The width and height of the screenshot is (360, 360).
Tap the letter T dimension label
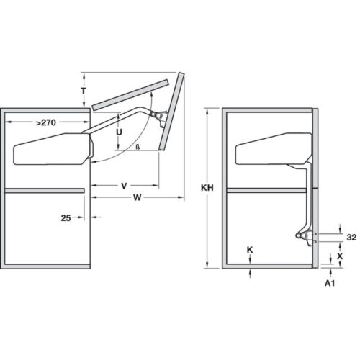point(84,91)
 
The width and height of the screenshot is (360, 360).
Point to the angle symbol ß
point(136,147)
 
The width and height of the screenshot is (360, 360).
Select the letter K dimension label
point(248,250)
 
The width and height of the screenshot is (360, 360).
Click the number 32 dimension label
point(351,237)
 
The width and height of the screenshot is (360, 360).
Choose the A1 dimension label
point(329,284)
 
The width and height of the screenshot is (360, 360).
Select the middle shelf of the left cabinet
point(47,191)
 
